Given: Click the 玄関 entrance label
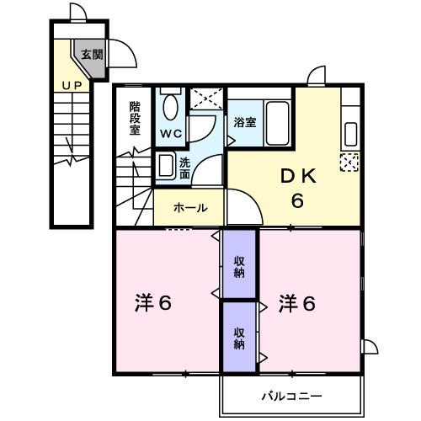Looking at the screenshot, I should click(92, 56).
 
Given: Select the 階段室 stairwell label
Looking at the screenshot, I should click(136, 119).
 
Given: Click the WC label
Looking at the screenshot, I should click(171, 133).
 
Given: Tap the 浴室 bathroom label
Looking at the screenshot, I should click(245, 120).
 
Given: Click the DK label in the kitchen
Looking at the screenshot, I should click(298, 176).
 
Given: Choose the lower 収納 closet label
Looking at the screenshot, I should click(240, 338).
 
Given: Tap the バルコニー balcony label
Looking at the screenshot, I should click(290, 393).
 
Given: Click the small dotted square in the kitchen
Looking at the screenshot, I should click(349, 163).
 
